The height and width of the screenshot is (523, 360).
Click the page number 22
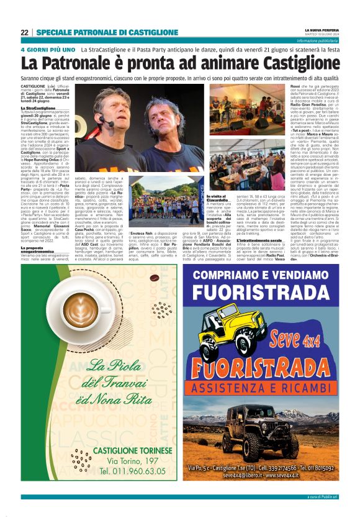[25, 32]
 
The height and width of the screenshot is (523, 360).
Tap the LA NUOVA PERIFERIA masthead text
[322, 29]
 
